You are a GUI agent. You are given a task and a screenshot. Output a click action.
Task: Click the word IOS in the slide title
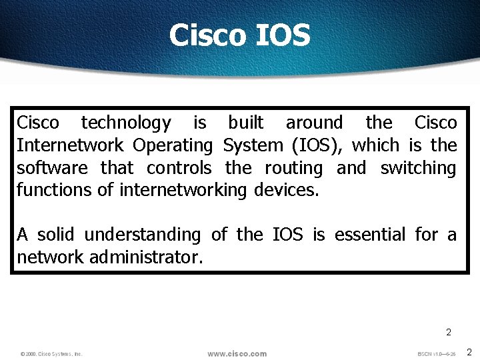283,35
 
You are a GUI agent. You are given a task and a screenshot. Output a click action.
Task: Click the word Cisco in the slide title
207,35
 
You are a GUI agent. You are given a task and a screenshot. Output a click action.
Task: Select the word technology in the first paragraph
125,123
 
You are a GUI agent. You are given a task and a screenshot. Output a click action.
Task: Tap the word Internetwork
70,145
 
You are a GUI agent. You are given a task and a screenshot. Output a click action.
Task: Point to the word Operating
172,145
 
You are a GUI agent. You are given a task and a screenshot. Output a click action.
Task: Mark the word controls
179,168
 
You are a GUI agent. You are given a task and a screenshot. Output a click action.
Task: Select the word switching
418,168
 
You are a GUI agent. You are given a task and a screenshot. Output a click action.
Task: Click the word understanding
142,235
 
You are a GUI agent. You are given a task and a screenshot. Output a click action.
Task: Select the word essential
369,235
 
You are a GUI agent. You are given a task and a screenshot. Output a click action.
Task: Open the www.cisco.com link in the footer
237,353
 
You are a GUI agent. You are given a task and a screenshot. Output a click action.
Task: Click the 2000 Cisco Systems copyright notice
51,354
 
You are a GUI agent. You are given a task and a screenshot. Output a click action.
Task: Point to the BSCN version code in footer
436,353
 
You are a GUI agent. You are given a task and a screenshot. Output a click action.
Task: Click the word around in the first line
314,123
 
